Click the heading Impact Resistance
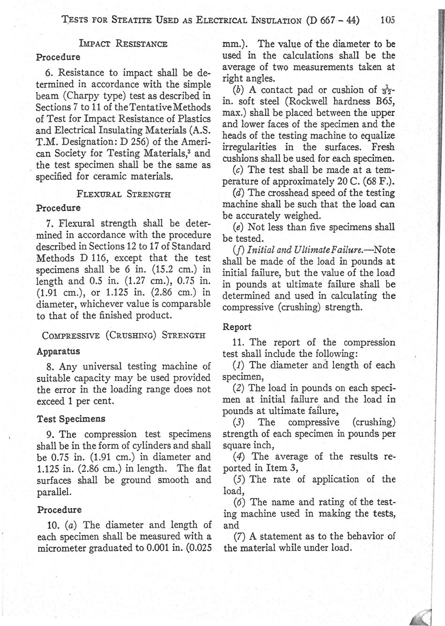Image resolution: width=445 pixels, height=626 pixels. [x=124, y=45]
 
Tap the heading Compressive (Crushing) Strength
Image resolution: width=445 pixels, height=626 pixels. [x=124, y=335]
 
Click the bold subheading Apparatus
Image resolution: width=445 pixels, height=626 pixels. [x=58, y=351]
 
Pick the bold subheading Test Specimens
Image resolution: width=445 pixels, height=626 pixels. [x=71, y=419]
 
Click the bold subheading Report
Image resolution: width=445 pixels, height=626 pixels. [x=237, y=327]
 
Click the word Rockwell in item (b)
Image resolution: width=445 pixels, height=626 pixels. [x=313, y=101]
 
